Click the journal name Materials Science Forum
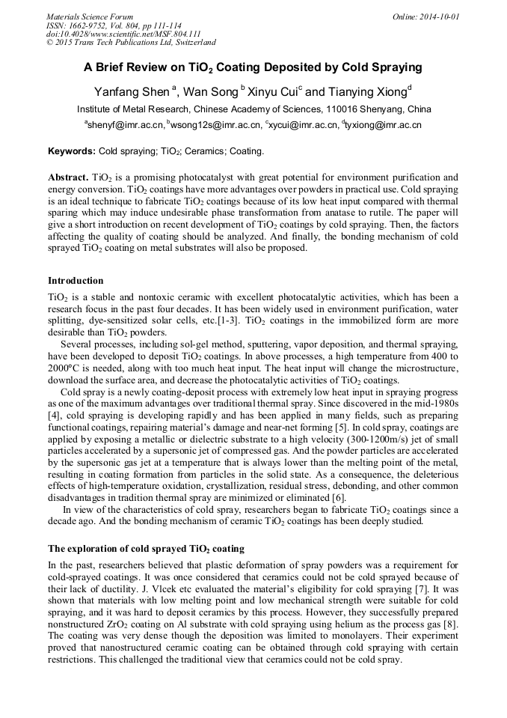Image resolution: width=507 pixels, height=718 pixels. (90, 16)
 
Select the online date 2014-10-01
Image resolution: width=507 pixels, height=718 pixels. (438, 16)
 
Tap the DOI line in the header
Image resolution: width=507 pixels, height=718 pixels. (123, 34)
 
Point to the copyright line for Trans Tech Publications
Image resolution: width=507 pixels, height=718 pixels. (131, 43)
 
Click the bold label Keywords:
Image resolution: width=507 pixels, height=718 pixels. (72, 151)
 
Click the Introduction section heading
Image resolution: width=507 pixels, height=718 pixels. (76, 281)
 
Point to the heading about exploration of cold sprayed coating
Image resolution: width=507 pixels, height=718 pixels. (146, 549)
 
